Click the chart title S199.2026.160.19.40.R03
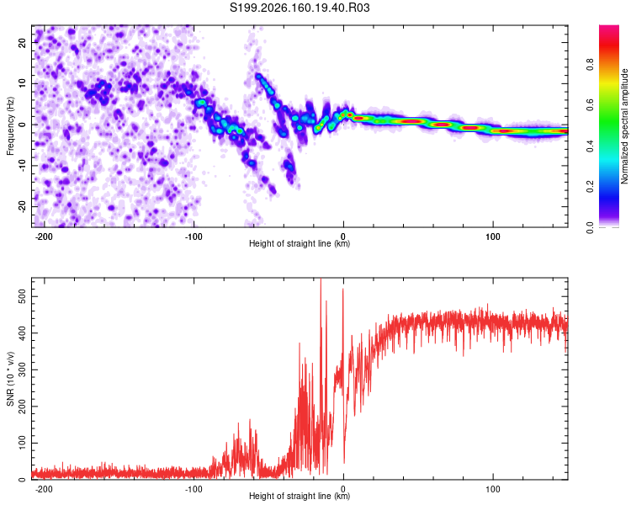point(300,8)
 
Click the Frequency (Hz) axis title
point(10,126)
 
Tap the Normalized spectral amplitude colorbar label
point(624,126)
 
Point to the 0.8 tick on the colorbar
point(590,65)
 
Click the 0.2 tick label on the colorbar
point(590,187)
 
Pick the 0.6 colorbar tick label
point(590,105)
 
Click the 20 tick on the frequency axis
point(23,42)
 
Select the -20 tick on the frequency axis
point(23,206)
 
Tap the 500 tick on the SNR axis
point(23,297)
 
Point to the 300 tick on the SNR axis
point(23,369)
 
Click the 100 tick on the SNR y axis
point(23,443)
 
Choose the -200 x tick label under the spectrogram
point(44,237)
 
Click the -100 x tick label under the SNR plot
point(194,489)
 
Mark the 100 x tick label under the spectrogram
point(492,237)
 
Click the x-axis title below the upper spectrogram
point(300,243)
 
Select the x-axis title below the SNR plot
point(300,496)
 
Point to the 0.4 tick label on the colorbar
point(590,146)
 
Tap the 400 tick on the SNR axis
point(23,333)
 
